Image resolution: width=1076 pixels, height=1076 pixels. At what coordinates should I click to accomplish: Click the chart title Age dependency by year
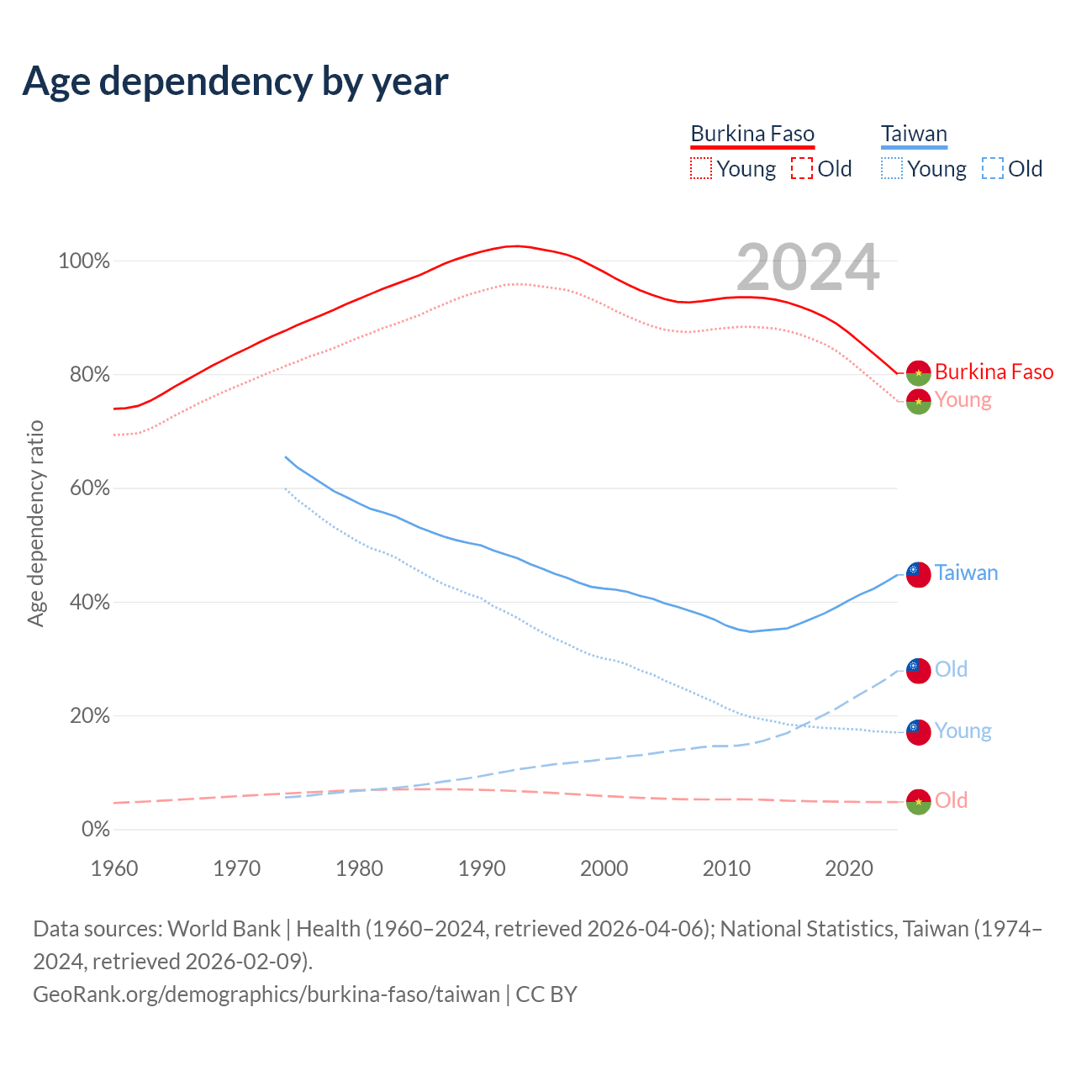tap(235, 82)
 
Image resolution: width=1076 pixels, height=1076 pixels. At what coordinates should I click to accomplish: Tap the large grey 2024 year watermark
tap(808, 267)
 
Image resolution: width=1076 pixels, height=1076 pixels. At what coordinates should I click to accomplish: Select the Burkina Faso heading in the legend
tap(752, 134)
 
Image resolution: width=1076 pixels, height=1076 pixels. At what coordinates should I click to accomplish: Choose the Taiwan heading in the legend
tap(914, 134)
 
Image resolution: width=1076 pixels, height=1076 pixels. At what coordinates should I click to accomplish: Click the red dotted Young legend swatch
tap(700, 168)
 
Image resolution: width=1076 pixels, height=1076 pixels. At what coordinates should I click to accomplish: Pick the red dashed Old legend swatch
tap(802, 168)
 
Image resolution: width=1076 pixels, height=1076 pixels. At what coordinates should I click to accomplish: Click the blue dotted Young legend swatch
tap(891, 168)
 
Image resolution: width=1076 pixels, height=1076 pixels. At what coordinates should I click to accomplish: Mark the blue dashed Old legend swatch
tap(992, 168)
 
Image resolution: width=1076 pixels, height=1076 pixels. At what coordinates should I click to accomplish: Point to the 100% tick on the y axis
tap(84, 261)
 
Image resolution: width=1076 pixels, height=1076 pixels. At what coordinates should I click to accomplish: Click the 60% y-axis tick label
tap(89, 488)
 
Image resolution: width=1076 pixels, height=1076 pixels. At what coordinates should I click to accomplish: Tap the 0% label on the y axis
tap(96, 830)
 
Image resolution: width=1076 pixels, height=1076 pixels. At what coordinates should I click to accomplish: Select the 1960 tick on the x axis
tap(114, 868)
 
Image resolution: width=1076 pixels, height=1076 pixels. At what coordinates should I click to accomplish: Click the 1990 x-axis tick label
tap(482, 868)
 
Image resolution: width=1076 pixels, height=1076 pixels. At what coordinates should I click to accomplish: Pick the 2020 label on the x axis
tap(849, 868)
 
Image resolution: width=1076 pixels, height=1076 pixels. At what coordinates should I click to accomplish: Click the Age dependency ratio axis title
tap(35, 524)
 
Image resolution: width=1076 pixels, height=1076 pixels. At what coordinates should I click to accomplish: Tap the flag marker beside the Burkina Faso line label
tap(918, 372)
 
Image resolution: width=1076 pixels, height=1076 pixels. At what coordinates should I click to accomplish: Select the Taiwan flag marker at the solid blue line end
tap(918, 574)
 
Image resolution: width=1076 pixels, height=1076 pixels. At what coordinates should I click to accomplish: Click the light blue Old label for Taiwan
tap(951, 670)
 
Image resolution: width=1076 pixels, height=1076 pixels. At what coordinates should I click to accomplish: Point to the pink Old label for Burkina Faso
tap(951, 801)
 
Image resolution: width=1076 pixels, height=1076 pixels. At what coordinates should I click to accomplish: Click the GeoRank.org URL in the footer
tap(266, 994)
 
